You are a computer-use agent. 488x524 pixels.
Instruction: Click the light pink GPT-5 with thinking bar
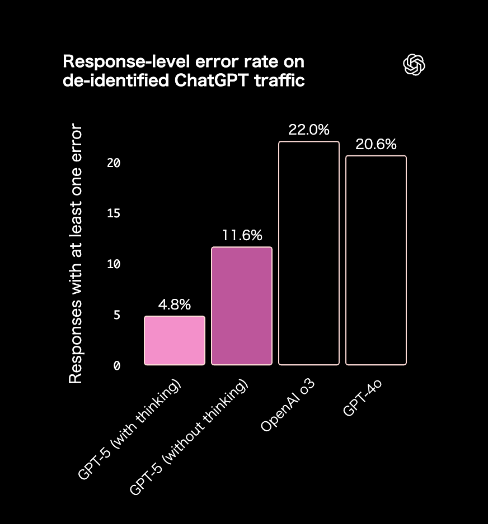pos(175,340)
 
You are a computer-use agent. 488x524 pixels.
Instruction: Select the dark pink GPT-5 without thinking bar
pos(242,306)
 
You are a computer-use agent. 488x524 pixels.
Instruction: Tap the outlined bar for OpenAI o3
pos(309,253)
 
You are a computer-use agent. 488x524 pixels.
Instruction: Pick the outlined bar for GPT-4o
pos(376,260)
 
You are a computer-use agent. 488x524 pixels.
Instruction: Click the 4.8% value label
pos(175,305)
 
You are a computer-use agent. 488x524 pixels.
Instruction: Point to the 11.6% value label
pos(242,236)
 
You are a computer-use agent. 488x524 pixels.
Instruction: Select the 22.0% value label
pos(309,130)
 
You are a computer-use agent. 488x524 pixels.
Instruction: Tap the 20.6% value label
pos(376,145)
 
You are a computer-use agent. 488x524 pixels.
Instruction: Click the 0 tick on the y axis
pos(116,365)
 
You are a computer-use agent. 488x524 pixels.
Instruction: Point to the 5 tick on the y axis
pos(116,315)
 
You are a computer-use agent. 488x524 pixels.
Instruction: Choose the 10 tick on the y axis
pos(114,264)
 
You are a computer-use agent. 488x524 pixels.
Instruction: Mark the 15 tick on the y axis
pos(114,213)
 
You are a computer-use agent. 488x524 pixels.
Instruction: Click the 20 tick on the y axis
pos(114,163)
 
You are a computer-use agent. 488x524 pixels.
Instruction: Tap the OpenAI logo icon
pos(414,65)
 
